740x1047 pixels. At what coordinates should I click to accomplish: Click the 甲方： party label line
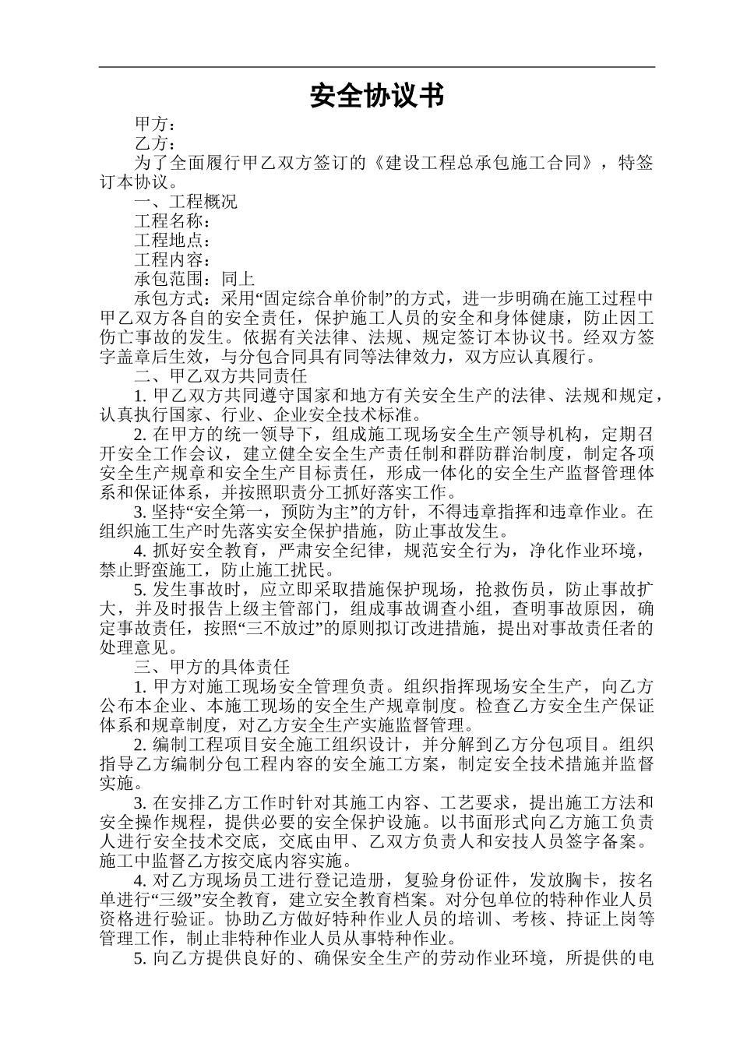click(x=156, y=125)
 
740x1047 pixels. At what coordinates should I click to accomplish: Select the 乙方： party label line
click(x=156, y=144)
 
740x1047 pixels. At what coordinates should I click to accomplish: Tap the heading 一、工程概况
click(x=186, y=203)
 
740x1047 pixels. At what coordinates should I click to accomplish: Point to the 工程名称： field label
click(x=173, y=222)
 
